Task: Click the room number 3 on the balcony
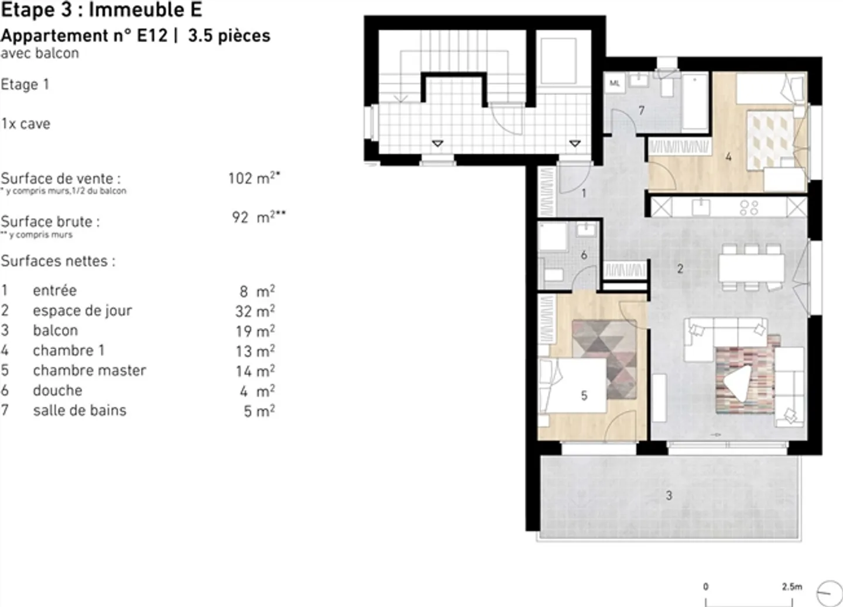pyautogui.click(x=669, y=496)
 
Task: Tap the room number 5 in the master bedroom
pyautogui.click(x=584, y=396)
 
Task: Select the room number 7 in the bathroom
pyautogui.click(x=642, y=110)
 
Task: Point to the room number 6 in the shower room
pyautogui.click(x=584, y=255)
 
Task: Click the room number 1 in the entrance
pyautogui.click(x=584, y=193)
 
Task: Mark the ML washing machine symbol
pyautogui.click(x=614, y=84)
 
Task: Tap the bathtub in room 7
pyautogui.click(x=695, y=102)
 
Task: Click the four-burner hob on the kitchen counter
pyautogui.click(x=749, y=207)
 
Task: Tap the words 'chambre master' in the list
pyautogui.click(x=89, y=370)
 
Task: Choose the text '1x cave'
pyautogui.click(x=26, y=124)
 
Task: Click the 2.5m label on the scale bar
pyautogui.click(x=791, y=587)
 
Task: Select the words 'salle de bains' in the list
pyautogui.click(x=80, y=411)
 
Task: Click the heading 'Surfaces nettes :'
pyautogui.click(x=58, y=261)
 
